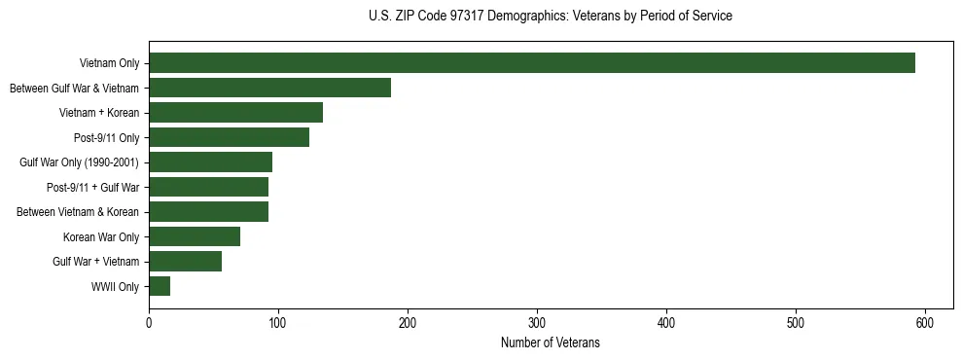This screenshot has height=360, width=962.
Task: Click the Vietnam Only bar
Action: click(532, 63)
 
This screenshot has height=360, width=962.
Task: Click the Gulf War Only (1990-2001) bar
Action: click(211, 162)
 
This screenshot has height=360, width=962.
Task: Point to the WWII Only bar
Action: click(160, 286)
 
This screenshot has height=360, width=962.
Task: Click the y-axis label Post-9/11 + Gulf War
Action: click(92, 187)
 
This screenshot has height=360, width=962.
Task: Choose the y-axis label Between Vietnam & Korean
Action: click(78, 212)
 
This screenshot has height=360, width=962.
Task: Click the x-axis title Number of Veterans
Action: click(551, 342)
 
